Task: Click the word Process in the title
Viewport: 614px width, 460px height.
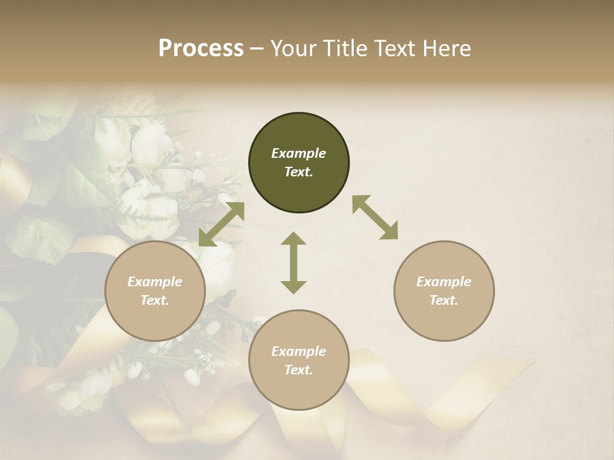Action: click(x=201, y=49)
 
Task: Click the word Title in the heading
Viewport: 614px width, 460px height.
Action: click(x=346, y=49)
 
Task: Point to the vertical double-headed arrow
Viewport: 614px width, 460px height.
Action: click(x=294, y=263)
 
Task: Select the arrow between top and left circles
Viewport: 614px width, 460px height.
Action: click(x=221, y=224)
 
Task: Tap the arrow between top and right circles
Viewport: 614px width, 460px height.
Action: click(x=375, y=217)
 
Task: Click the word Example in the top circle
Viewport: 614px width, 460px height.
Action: click(x=299, y=153)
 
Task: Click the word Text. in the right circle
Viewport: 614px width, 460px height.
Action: click(x=444, y=300)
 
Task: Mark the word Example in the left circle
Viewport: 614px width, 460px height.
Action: click(x=155, y=282)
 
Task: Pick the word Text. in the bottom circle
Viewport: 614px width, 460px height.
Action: click(x=299, y=370)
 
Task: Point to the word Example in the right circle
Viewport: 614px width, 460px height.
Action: click(x=444, y=282)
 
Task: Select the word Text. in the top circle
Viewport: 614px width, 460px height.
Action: click(x=299, y=172)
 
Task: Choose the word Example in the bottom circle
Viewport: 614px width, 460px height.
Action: click(x=299, y=351)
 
